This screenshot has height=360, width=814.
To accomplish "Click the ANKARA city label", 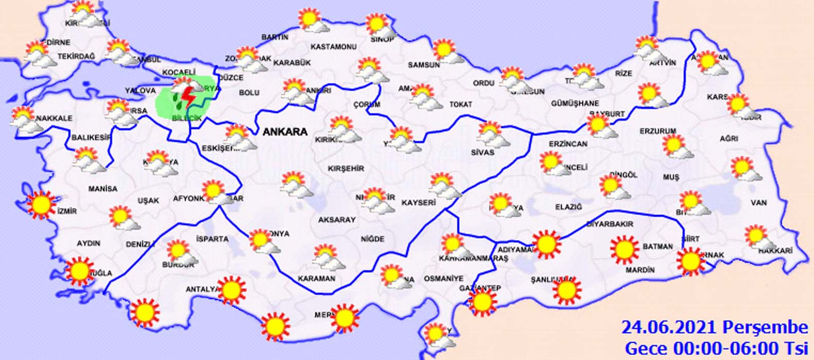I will click(285, 132).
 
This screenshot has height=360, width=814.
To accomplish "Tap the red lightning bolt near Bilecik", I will click(188, 97).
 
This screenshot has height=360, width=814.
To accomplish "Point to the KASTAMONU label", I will click(333, 47).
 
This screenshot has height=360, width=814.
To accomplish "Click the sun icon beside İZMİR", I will click(41, 204).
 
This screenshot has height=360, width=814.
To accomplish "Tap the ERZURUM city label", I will click(658, 131).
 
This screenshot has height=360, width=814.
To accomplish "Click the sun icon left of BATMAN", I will click(625, 249).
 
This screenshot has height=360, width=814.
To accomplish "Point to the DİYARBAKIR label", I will click(609, 224).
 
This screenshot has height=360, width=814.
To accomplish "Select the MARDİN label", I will click(640, 269).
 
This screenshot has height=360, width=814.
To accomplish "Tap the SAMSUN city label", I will click(424, 65).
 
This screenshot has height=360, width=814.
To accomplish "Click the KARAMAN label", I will click(316, 278).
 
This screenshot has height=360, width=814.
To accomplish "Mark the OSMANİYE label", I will click(443, 278).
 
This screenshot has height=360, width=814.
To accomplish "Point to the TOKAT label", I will click(460, 104).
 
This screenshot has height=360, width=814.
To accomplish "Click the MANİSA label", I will click(102, 189).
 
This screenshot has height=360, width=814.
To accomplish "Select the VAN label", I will click(758, 203).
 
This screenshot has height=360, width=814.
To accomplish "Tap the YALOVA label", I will click(140, 91).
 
